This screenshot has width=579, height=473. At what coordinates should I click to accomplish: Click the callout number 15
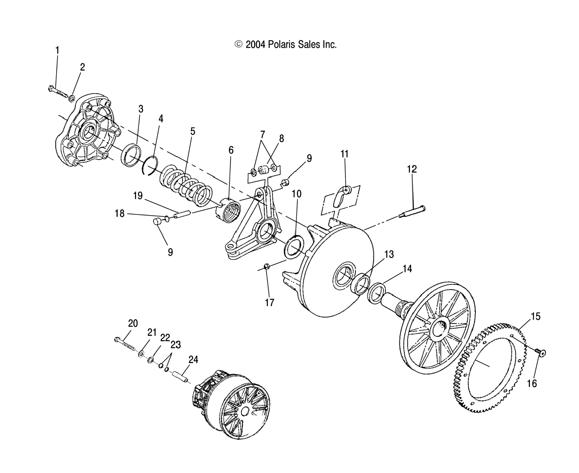[x=536, y=317]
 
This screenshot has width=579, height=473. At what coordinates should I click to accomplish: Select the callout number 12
[x=412, y=169]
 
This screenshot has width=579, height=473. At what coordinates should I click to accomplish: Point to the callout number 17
[x=270, y=302]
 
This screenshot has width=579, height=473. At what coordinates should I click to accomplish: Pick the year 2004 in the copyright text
[x=256, y=44]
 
